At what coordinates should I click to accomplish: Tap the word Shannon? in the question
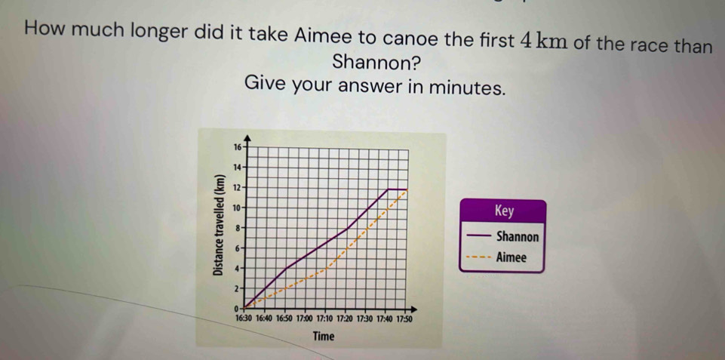(376, 62)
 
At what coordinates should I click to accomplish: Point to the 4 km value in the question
(543, 41)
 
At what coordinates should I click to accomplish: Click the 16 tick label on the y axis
(237, 148)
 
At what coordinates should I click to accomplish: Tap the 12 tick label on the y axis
(237, 188)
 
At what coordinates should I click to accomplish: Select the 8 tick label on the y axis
(238, 228)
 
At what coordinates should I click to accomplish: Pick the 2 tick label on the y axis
(238, 288)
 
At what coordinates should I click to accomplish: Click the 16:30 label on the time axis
(244, 318)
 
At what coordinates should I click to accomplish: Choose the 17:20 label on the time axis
(345, 318)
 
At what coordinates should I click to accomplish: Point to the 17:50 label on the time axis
(404, 318)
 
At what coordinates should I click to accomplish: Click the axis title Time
(324, 337)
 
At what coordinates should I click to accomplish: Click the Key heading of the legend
(504, 211)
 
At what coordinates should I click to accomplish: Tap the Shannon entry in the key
(518, 237)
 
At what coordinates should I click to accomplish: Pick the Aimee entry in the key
(511, 258)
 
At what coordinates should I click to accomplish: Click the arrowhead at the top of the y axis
(248, 137)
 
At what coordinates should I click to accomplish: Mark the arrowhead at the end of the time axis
(414, 309)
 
